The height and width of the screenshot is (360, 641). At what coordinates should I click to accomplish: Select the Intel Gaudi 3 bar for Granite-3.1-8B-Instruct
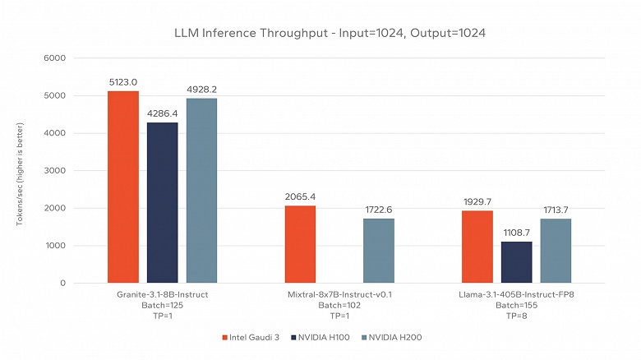point(123,187)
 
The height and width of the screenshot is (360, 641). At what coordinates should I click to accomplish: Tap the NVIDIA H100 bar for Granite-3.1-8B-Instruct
point(163,202)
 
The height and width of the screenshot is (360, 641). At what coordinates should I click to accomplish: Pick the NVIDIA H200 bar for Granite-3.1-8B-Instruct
point(202,191)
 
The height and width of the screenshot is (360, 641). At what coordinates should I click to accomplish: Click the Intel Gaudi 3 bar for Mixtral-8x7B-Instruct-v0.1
point(300,244)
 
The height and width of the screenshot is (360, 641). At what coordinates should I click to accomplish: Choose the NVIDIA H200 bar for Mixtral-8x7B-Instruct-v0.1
point(379,251)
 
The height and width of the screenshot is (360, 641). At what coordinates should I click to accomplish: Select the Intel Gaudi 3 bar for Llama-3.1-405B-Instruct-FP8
point(477,247)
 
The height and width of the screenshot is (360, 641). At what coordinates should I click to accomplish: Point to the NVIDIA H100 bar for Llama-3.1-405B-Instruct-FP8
point(517,262)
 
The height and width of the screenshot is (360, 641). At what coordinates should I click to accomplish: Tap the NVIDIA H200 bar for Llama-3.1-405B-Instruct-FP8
point(556,251)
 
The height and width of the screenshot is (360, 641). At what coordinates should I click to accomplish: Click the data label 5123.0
point(123,82)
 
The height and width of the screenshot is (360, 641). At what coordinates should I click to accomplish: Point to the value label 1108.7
point(517,233)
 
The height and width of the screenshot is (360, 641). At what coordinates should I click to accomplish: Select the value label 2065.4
point(300,197)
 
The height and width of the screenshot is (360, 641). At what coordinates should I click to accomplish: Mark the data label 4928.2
point(202,90)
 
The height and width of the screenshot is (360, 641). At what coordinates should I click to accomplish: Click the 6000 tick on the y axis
point(56,58)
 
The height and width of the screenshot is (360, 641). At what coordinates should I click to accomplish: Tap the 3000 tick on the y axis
point(56,171)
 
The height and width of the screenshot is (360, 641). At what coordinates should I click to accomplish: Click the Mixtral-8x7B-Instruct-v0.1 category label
point(339,293)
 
